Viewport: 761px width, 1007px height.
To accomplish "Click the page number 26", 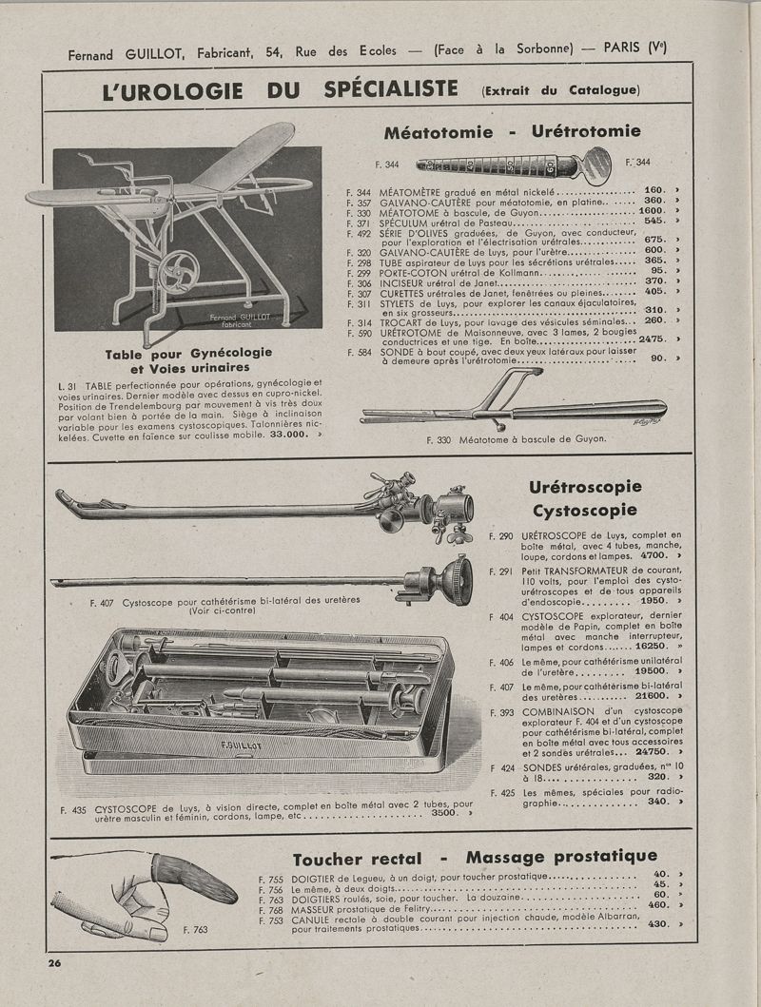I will click(55, 962).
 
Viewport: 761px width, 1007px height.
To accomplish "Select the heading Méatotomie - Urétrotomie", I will click(512, 131).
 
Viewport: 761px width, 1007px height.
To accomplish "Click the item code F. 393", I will click(503, 710).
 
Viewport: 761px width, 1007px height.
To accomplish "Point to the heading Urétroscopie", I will click(584, 488).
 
